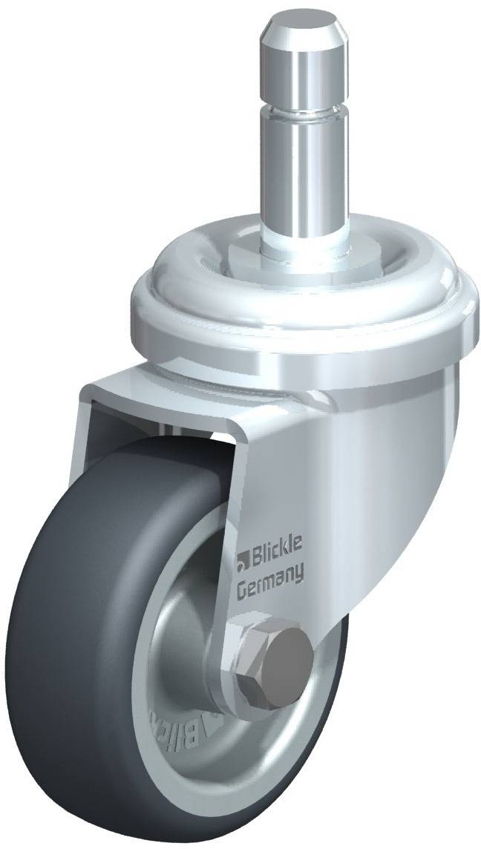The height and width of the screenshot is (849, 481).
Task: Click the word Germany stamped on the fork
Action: pos(269,573)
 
